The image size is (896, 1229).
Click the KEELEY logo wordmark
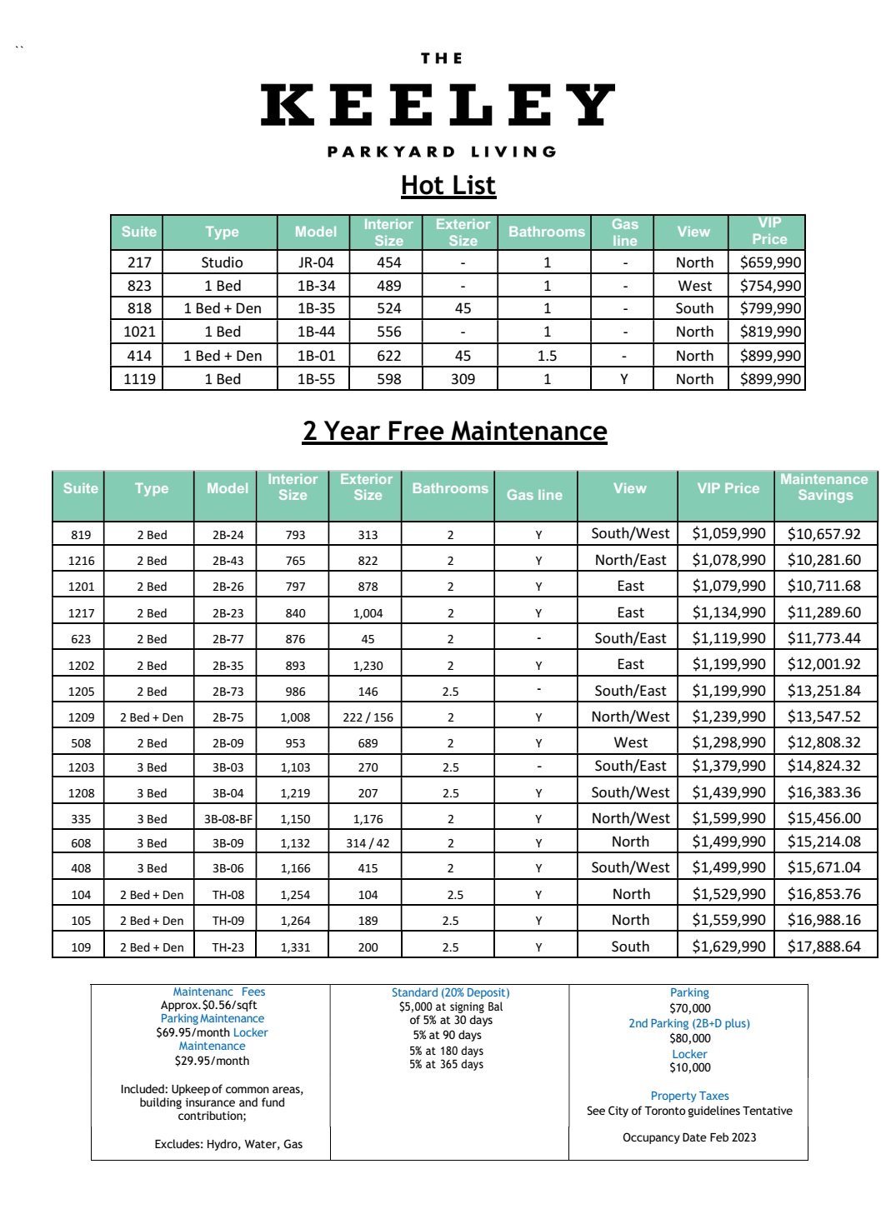[x=438, y=105]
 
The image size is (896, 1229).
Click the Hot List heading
[x=448, y=185]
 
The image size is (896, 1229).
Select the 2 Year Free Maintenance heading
[x=454, y=431]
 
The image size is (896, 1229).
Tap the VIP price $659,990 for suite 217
[x=769, y=262]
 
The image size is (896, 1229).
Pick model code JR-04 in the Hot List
[x=316, y=262]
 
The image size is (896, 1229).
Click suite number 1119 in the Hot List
[x=139, y=379]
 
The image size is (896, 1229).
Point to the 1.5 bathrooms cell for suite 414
[x=547, y=356]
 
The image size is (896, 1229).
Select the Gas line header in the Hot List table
[x=624, y=232]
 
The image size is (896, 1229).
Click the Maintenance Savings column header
[x=824, y=487]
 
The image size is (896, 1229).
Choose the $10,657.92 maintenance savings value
[x=823, y=534]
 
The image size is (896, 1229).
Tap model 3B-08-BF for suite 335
[x=228, y=819]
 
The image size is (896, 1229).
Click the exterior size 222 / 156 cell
[x=368, y=717]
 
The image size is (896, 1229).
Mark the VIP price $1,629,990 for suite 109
[x=728, y=947]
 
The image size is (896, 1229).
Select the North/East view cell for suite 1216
[x=630, y=560]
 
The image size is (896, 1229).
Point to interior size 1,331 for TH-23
[x=295, y=947]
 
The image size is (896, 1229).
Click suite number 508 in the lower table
[x=81, y=743]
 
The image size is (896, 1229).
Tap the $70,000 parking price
[x=689, y=1008]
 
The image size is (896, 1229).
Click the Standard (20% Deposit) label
[x=450, y=992]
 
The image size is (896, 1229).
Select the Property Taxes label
[x=689, y=1096]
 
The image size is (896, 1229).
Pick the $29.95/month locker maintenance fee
[x=212, y=1061]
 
